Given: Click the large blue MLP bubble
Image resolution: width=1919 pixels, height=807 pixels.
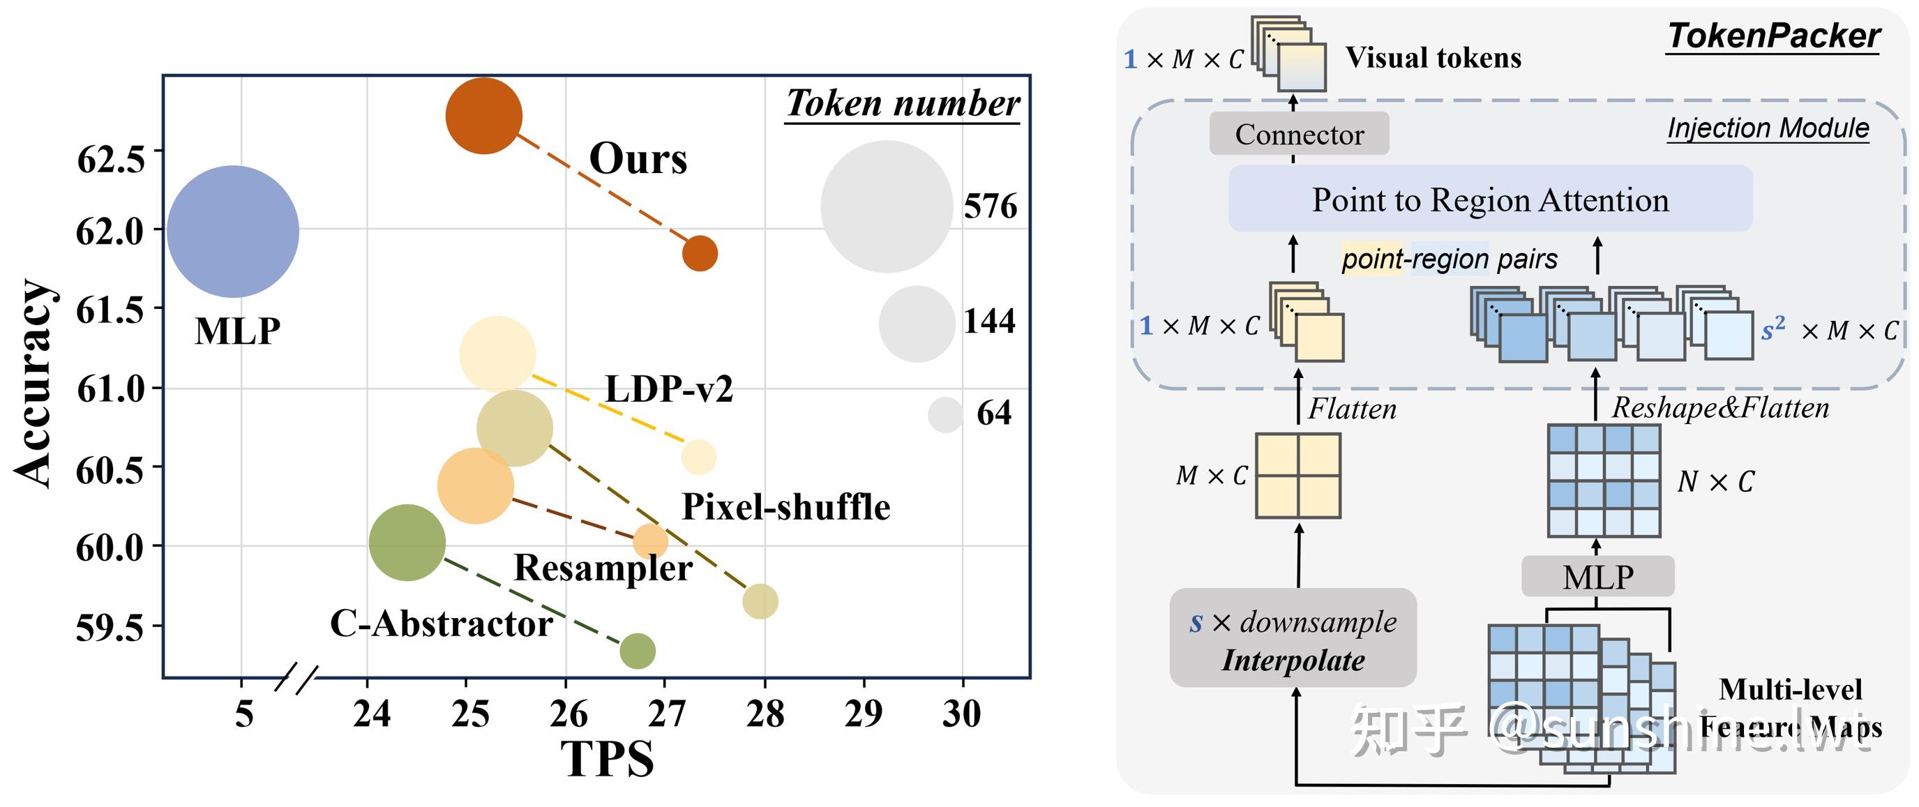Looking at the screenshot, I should tap(232, 232).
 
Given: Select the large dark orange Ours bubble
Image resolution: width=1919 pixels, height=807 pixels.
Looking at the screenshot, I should tap(483, 116).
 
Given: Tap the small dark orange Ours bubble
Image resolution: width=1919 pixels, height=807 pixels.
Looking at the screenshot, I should tap(700, 253).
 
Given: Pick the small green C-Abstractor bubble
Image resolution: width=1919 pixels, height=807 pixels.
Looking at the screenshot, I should tap(637, 651).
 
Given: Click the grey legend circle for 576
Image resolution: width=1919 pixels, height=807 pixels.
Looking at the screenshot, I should tap(887, 206).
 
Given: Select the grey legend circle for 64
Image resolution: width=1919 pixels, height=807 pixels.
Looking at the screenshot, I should tap(945, 414).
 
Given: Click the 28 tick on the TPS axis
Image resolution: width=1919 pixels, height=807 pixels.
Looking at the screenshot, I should tap(765, 713).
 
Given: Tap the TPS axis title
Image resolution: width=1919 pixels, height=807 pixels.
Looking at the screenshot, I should tap(607, 760).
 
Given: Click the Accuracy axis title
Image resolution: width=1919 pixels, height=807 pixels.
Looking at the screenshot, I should tap(33, 384).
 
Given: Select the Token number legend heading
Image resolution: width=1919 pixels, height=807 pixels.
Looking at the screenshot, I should tap(903, 103).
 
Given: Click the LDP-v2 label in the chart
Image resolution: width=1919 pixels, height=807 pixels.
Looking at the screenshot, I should tap(668, 389).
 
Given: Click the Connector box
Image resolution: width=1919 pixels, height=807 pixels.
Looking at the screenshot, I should tap(1299, 134).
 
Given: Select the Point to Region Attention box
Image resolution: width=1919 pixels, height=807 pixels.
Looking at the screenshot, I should tap(1490, 199).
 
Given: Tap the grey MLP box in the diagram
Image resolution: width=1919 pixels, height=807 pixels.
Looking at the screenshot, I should tap(1598, 577).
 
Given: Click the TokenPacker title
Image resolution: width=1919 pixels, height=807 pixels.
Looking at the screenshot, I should tap(1773, 36).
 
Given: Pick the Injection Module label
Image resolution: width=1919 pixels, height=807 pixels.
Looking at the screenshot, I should tap(1768, 128).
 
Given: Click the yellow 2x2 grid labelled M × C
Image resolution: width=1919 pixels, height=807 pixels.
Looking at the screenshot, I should tap(1297, 476).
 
